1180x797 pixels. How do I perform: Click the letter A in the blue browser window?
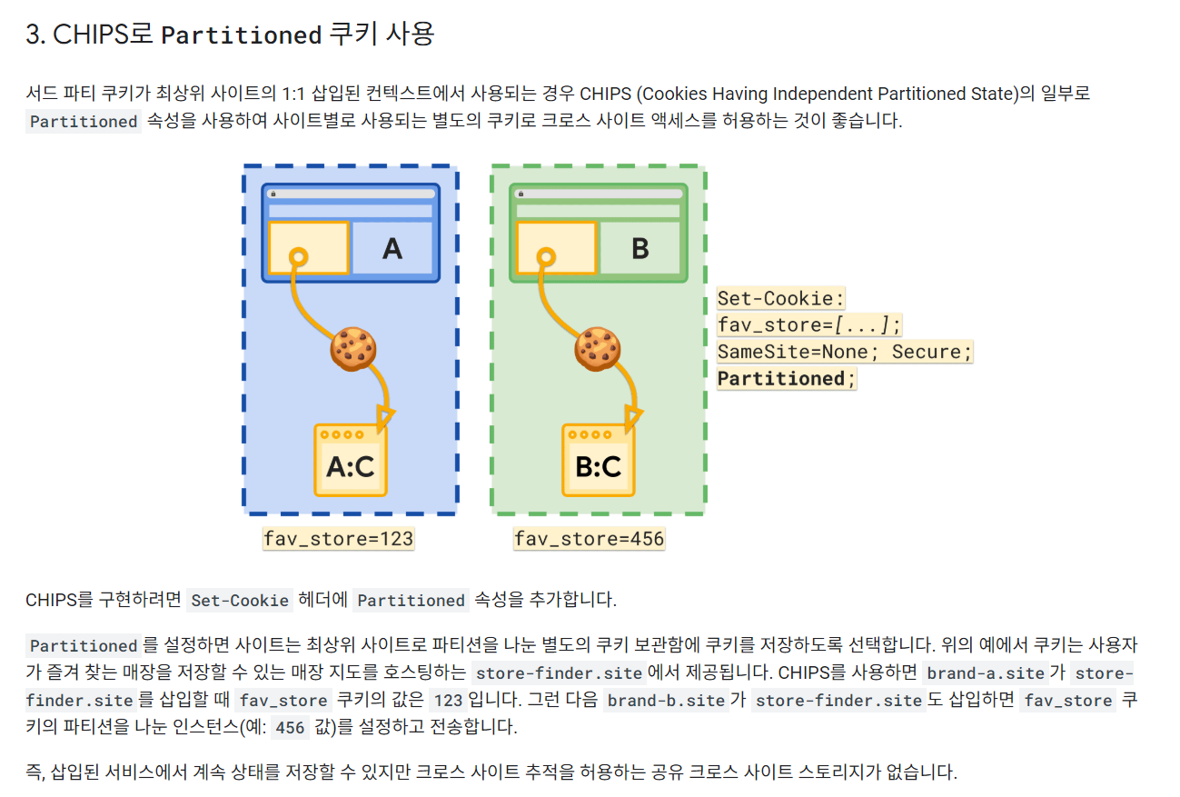point(392,248)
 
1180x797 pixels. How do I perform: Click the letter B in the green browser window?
point(640,248)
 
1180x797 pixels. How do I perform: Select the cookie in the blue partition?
point(353,347)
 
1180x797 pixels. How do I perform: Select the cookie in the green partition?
point(599,347)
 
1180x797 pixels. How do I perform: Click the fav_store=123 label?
point(338,539)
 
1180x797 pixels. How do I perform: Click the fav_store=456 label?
point(589,539)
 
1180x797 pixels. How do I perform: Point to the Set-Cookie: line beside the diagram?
point(781,298)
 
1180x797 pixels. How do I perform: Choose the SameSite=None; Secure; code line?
point(845,352)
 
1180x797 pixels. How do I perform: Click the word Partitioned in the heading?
point(242,35)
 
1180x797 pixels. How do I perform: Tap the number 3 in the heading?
point(34,35)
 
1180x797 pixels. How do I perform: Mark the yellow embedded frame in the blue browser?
point(309,247)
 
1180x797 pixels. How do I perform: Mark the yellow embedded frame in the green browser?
point(556,247)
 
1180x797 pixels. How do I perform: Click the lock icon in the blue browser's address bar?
point(273,194)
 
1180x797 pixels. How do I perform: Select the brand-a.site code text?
point(986,673)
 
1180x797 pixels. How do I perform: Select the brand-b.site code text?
point(666,701)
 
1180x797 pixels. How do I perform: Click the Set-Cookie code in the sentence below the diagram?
point(241,601)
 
